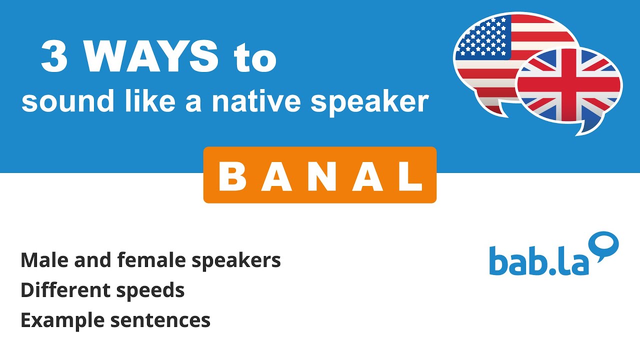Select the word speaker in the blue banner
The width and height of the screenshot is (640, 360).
369,102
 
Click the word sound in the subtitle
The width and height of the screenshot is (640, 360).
53,101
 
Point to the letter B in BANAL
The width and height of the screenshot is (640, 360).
234,176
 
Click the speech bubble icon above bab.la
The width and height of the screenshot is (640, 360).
604,246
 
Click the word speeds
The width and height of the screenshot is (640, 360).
154,290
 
